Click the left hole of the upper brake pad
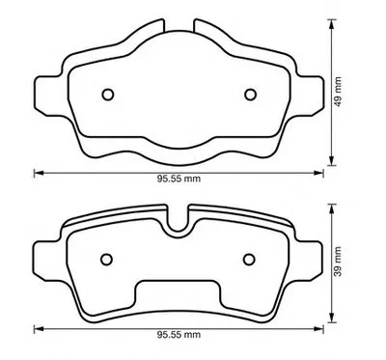[108, 95]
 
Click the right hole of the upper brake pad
[250, 95]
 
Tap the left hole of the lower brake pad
[106, 260]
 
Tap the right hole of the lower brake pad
[249, 260]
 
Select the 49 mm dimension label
[338, 92]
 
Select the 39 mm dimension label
[338, 262]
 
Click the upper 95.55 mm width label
[179, 179]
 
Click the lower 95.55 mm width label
[179, 335]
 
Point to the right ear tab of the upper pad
[310, 96]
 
